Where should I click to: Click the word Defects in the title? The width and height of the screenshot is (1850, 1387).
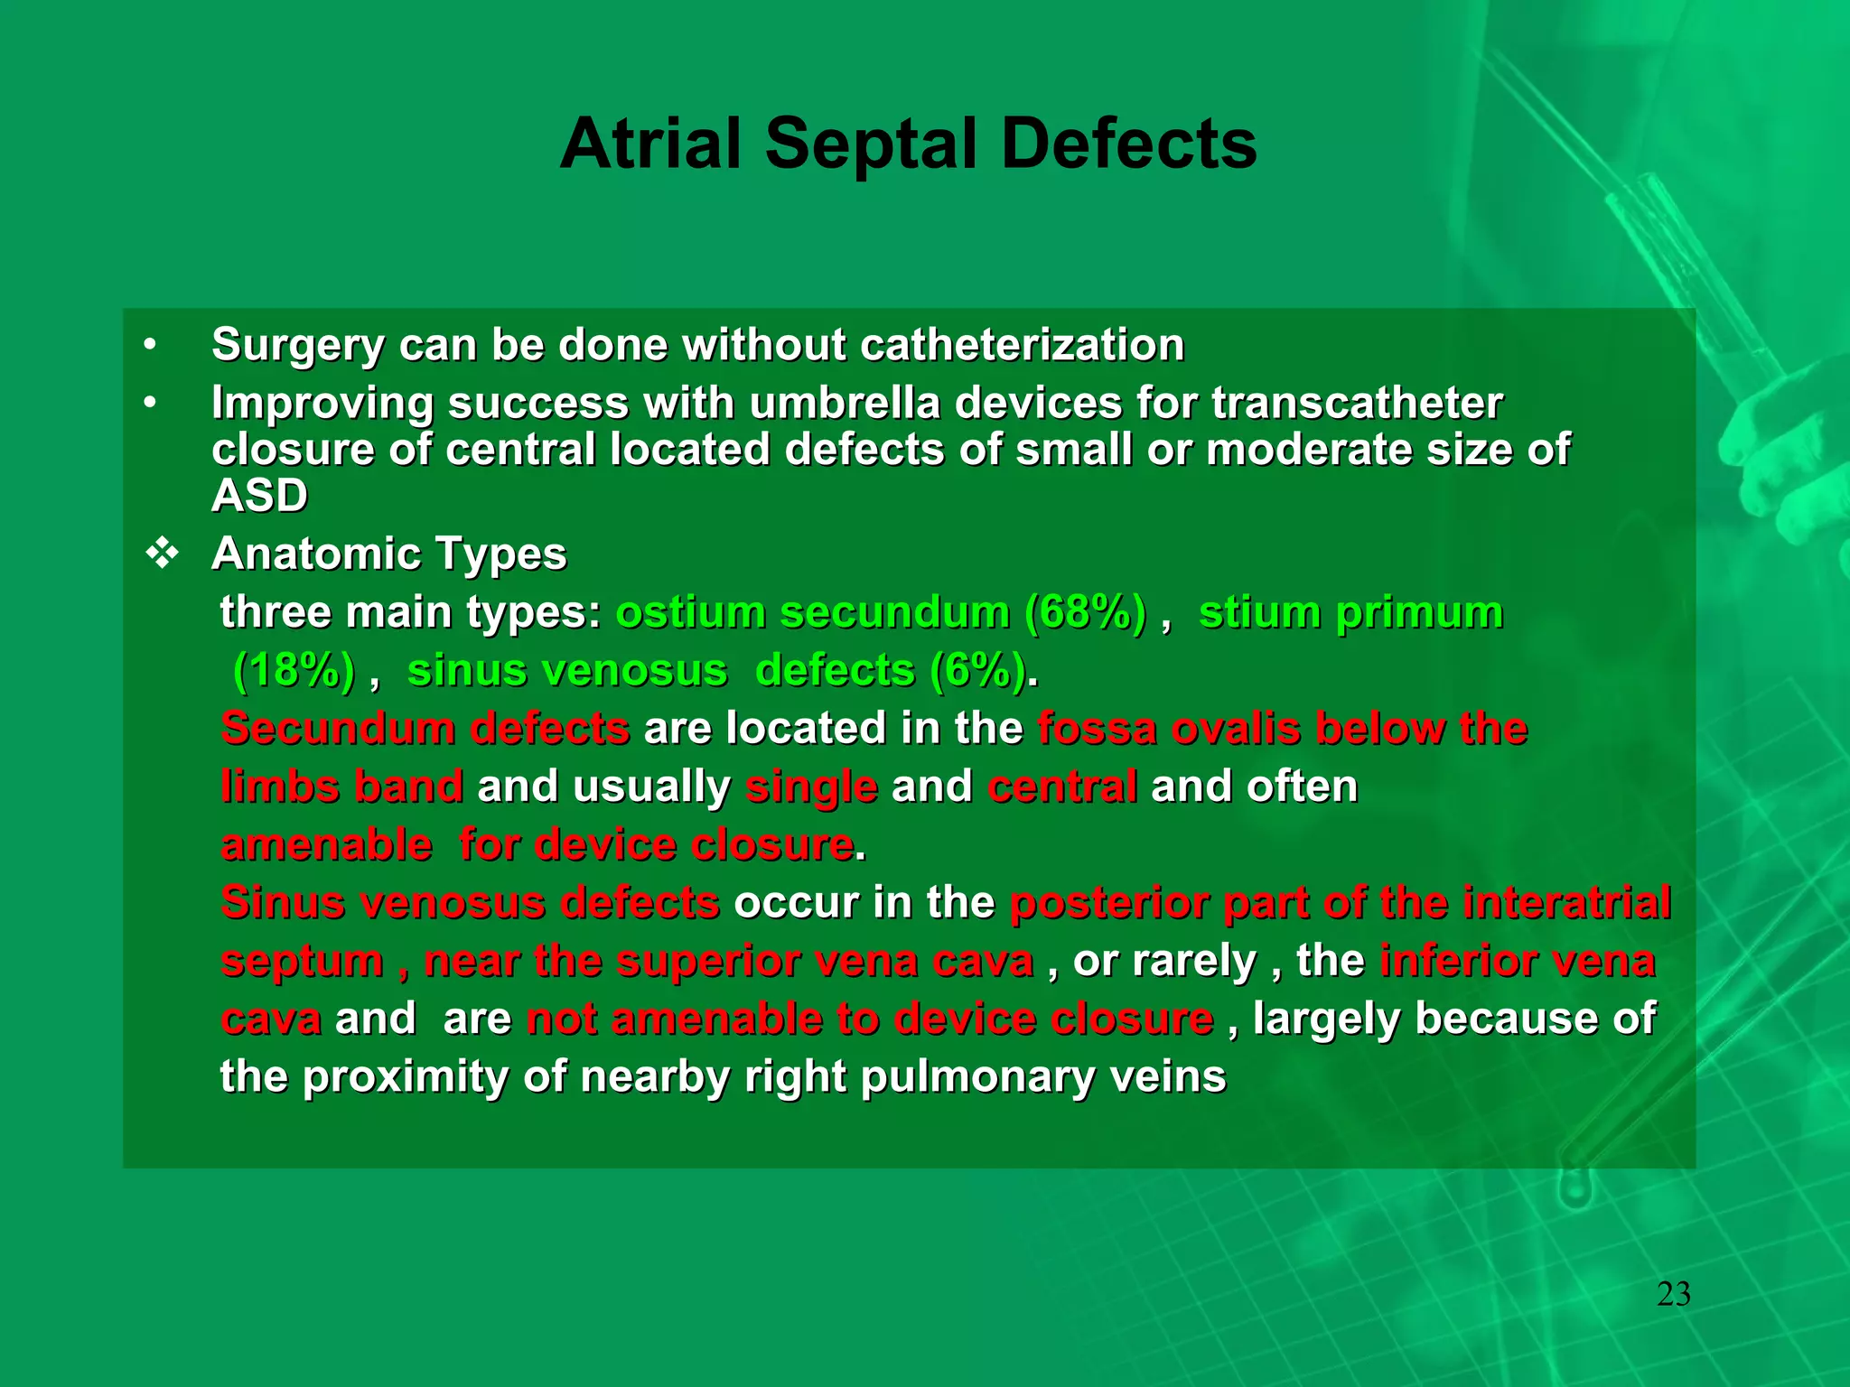point(1129,144)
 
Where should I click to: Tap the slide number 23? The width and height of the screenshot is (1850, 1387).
point(1673,1294)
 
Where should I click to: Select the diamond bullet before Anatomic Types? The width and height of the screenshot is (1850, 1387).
point(163,554)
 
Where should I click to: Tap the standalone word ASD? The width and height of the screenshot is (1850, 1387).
point(259,496)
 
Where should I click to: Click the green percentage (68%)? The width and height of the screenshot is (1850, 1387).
point(1085,612)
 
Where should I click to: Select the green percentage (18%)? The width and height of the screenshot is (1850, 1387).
point(294,671)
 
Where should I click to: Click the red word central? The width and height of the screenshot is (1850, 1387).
point(1062,787)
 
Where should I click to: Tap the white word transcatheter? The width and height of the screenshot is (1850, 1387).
point(1357,403)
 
